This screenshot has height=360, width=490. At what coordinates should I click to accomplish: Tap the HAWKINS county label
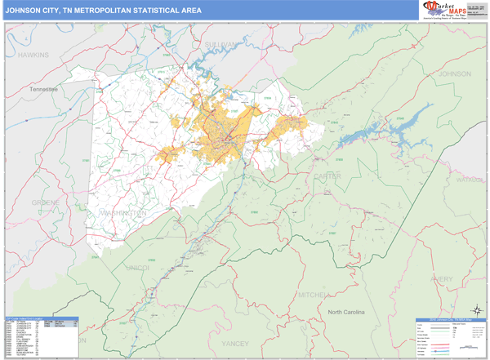pyautogui.click(x=34, y=54)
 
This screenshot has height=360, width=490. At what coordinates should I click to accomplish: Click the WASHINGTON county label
pyautogui.click(x=122, y=211)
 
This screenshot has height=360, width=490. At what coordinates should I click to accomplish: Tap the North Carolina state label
pyautogui.click(x=351, y=313)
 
